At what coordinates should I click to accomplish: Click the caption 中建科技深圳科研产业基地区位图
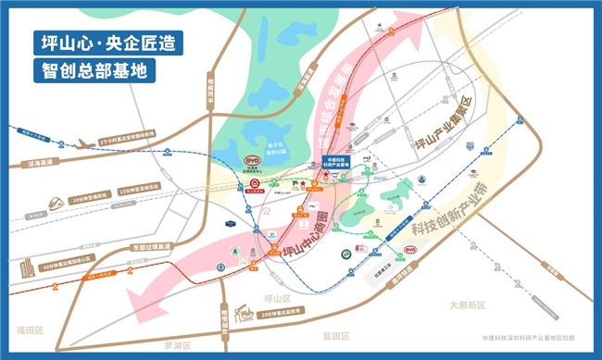534,340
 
